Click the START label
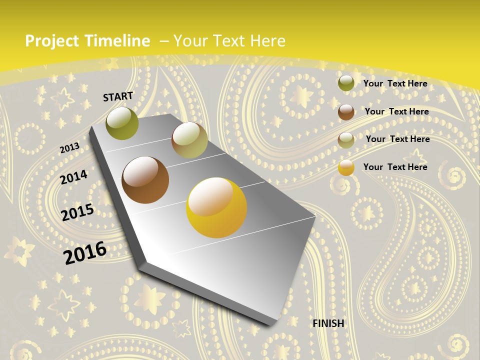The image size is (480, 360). click(118, 96)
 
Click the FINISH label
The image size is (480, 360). click(328, 323)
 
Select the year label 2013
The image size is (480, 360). click(69, 148)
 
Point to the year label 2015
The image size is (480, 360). click(77, 212)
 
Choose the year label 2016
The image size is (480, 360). click(85, 253)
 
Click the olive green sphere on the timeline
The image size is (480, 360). click(122, 123)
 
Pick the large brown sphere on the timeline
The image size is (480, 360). click(145, 180)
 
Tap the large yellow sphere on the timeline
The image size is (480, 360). click(216, 207)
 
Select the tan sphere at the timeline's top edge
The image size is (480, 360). click(189, 140)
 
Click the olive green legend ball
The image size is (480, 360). click(346, 83)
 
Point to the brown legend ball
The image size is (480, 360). click(346, 112)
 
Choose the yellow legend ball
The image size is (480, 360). click(346, 168)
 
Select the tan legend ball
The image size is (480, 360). click(346, 140)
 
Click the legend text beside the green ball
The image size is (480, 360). click(395, 83)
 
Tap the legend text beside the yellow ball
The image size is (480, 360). click(395, 167)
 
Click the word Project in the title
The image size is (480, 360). click(52, 41)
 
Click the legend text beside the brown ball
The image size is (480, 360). click(396, 111)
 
